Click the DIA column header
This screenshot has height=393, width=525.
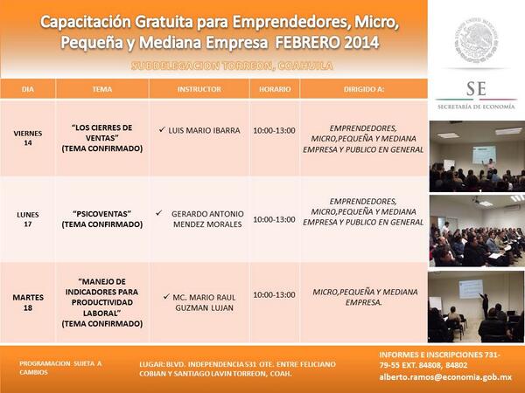[x=28, y=90]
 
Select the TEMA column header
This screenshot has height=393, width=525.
[x=101, y=90]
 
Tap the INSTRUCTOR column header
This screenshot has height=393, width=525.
[x=199, y=90]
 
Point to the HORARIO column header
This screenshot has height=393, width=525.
[x=274, y=90]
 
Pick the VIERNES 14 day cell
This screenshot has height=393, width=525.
[x=28, y=137]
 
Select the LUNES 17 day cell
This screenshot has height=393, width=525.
[x=28, y=218]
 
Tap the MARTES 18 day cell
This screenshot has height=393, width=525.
[x=28, y=302]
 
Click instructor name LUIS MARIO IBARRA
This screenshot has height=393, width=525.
[x=204, y=130]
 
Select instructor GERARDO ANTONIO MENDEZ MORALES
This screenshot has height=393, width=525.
[x=206, y=218]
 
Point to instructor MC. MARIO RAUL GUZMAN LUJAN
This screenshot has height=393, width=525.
[x=206, y=302]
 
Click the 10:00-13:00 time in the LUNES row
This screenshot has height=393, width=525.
[x=274, y=219]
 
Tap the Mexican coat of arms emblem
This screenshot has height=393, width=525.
[x=477, y=40]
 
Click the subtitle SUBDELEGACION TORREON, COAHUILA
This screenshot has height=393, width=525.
[x=214, y=66]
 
